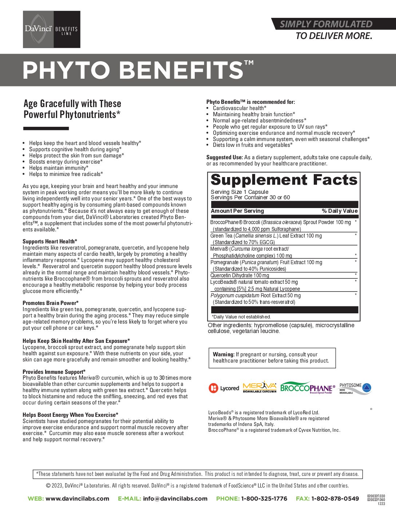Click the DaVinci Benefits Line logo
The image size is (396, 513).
pos(51,30)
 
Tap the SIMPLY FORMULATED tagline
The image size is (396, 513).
pos(326,24)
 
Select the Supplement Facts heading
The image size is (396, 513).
pos(284,180)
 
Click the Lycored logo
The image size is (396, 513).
pos(224,388)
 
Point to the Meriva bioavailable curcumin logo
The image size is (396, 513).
pos(260,387)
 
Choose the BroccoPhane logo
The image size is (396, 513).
pos(308,388)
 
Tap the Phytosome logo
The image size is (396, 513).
pos(355,388)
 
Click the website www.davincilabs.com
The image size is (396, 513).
pos(77,498)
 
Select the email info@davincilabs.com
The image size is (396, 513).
pos(175,498)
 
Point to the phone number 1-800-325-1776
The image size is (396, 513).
pos(264,498)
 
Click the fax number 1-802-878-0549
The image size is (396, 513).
pos(335,498)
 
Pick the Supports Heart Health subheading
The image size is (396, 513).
pos(50,242)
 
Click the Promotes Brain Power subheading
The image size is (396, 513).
pos(51,303)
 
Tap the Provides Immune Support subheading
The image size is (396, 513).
pos(54,372)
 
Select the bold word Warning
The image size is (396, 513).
pos(223,355)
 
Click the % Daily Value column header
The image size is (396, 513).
pos(340,211)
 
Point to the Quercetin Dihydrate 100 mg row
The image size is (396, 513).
pos(240,275)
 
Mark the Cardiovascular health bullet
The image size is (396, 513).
pos(239,108)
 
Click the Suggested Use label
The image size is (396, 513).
pos(224,157)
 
